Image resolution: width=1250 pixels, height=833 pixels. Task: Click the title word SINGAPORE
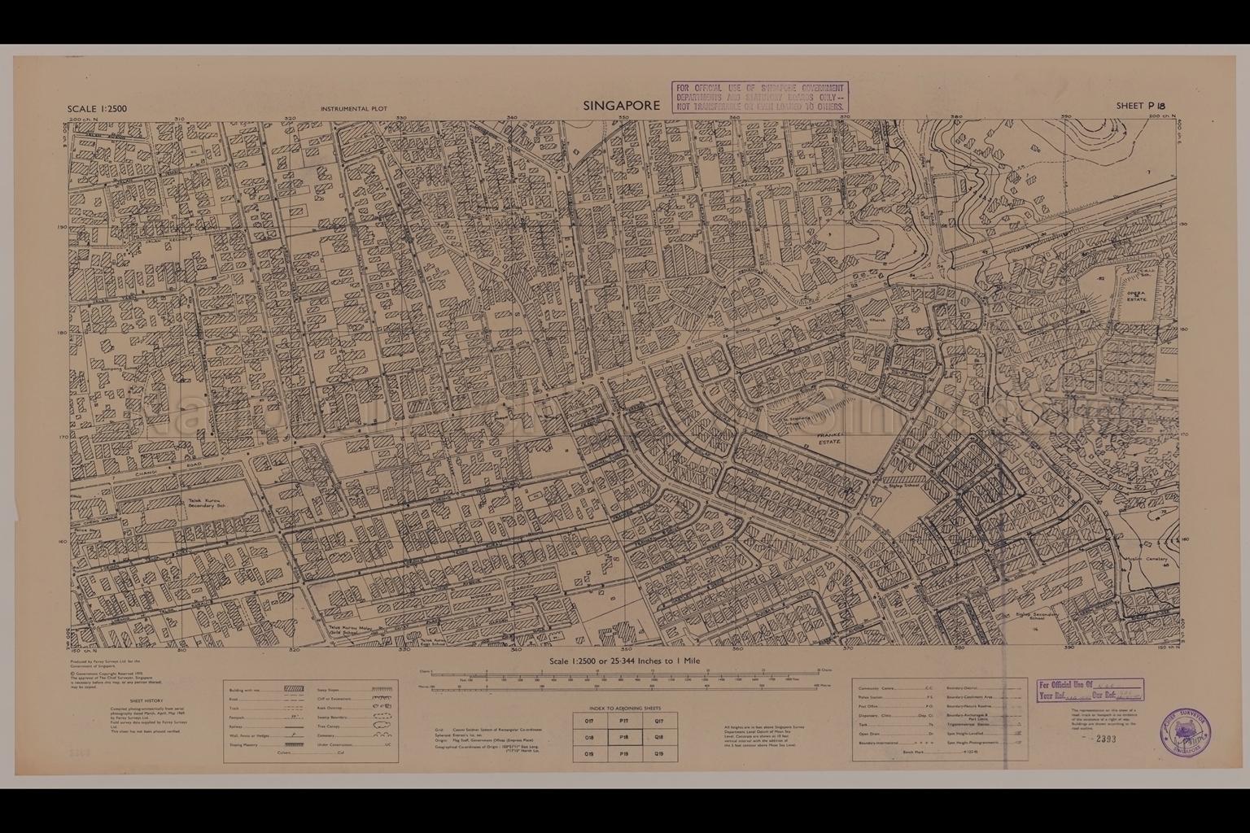point(621,106)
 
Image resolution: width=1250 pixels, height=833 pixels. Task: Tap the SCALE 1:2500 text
point(98,109)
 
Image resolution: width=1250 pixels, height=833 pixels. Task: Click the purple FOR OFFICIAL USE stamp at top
point(759,97)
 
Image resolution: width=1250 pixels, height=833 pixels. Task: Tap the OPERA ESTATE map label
point(1136,296)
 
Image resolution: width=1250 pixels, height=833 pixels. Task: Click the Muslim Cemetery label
point(1149,560)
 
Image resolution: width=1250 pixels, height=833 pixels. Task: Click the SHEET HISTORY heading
point(146,700)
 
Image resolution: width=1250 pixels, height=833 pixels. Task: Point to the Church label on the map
point(877,321)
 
